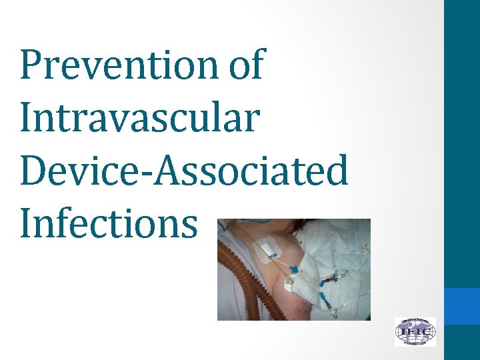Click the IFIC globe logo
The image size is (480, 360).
click(415, 331)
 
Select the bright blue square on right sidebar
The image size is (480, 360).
click(462, 306)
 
